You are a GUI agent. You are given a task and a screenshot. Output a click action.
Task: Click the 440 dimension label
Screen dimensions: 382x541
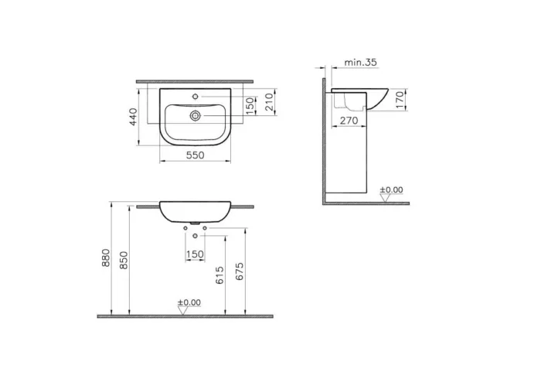click(x=133, y=117)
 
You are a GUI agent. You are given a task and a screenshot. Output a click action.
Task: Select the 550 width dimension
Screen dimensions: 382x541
click(x=195, y=155)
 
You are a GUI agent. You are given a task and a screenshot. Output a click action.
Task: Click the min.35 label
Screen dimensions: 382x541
click(x=359, y=62)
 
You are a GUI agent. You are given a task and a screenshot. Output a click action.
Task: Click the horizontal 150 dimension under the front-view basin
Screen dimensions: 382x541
click(x=195, y=254)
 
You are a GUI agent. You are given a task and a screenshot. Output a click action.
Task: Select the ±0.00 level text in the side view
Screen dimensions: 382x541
click(x=392, y=189)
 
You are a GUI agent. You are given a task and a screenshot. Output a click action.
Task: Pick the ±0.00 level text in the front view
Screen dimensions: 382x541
click(x=189, y=302)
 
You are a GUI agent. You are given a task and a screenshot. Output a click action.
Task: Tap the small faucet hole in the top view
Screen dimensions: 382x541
click(x=196, y=97)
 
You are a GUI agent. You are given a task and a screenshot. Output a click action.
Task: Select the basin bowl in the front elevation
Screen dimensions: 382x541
click(x=195, y=212)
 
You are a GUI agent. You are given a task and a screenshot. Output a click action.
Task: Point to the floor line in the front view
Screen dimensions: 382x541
click(x=185, y=315)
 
